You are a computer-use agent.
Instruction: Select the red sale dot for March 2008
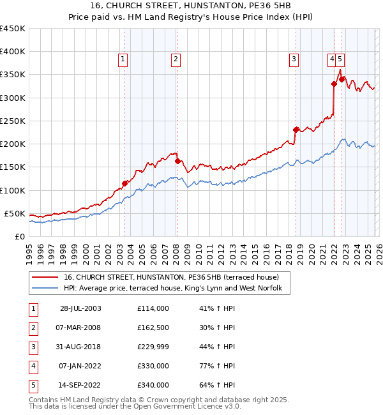pos(177,162)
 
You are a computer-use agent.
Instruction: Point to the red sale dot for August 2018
pos(296,130)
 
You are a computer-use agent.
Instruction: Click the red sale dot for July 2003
pos(125,184)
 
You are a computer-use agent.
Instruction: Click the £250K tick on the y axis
pos(13,121)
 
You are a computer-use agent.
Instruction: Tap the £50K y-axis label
pos(15,213)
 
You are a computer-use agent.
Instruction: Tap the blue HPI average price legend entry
pos(177,289)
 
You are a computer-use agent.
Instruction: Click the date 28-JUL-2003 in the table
pos(80,308)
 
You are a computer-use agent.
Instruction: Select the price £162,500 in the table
pos(153,328)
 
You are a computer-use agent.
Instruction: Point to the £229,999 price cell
pos(153,347)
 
